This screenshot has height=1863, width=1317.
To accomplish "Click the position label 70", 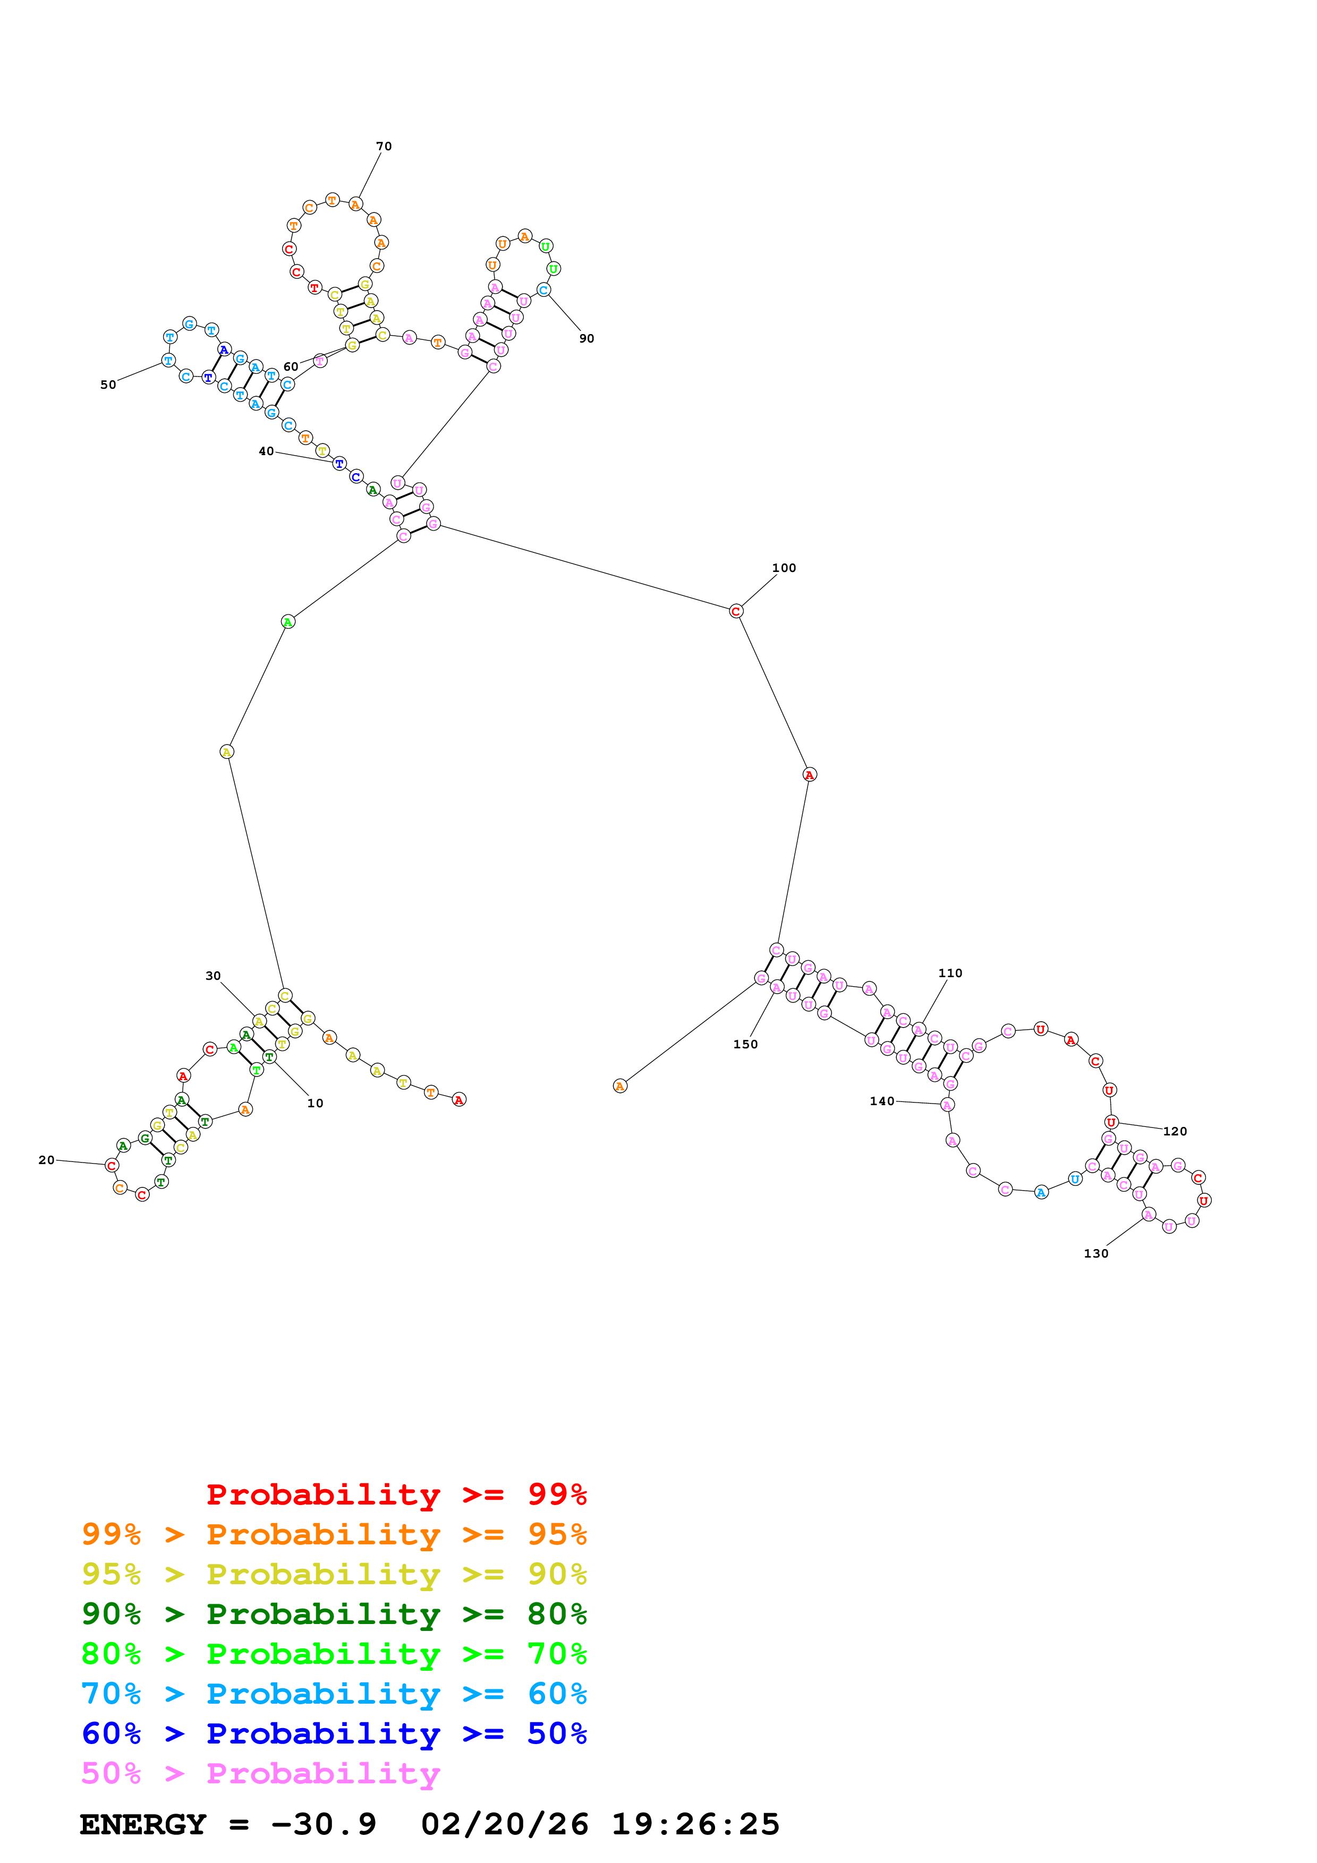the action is [384, 146].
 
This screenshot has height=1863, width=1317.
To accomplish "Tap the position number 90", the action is [586, 338].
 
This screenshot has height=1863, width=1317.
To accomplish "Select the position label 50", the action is [108, 384].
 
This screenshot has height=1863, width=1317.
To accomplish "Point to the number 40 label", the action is [266, 451].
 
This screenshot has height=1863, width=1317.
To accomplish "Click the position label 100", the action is [783, 568].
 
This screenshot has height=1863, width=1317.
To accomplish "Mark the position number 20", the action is [46, 1160].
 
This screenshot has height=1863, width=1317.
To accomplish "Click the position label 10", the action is [315, 1104].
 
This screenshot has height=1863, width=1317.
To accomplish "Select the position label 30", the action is [213, 976].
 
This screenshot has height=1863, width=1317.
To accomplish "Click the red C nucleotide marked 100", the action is [735, 611].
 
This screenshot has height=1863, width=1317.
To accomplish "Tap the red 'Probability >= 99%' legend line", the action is [396, 1494].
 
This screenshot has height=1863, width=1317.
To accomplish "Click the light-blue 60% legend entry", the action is [334, 1694].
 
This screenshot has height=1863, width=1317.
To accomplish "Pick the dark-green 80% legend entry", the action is [334, 1614].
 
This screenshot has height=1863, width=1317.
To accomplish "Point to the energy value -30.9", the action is [323, 1825].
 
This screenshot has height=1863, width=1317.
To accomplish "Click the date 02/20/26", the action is [504, 1825].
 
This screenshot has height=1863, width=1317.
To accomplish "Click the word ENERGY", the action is [143, 1825].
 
